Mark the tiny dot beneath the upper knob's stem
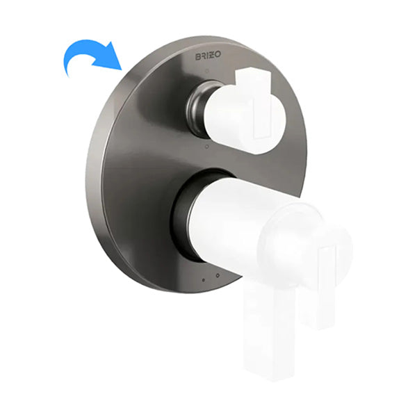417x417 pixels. click(x=206, y=147)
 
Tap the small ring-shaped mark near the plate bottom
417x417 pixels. click(x=218, y=275)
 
